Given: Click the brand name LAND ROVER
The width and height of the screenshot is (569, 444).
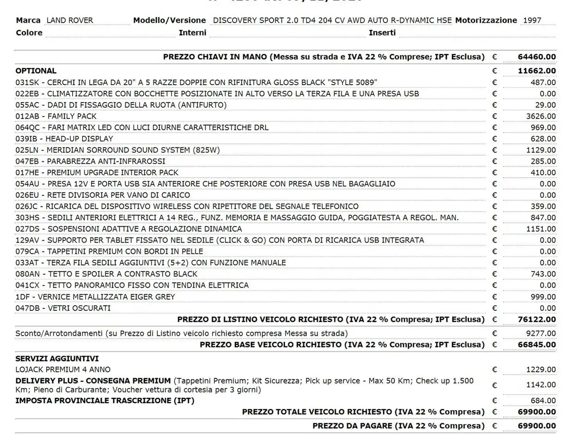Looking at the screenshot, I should click(70, 20).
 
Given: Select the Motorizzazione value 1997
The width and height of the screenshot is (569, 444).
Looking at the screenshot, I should click(532, 20).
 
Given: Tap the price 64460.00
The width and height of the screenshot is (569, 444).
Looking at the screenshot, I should click(537, 57).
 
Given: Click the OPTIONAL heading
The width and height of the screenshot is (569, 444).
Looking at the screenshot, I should click(36, 71).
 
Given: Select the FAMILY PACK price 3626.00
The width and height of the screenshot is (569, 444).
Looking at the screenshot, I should click(541, 116).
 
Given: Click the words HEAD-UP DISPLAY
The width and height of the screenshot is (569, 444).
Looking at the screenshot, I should click(80, 139).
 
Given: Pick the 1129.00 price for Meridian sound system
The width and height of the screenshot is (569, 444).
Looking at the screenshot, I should click(541, 150).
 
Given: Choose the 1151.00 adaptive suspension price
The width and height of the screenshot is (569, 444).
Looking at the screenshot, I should click(541, 229).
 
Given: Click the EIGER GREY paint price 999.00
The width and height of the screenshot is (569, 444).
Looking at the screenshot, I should click(543, 297).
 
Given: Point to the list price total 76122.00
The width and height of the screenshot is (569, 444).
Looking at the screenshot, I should click(537, 320).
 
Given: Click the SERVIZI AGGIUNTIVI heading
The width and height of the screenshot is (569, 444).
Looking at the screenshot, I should click(57, 358).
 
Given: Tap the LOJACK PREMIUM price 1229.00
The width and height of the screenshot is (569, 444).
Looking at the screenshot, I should click(541, 370).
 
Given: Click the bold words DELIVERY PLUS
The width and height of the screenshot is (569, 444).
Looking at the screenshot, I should click(49, 381).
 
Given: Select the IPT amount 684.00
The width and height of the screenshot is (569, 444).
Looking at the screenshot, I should click(543, 401).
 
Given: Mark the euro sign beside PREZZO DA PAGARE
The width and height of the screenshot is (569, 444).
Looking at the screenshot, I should click(495, 426).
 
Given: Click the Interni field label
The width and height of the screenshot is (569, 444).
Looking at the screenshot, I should click(192, 32).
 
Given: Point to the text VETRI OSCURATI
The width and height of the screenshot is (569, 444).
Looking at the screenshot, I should click(79, 308).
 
